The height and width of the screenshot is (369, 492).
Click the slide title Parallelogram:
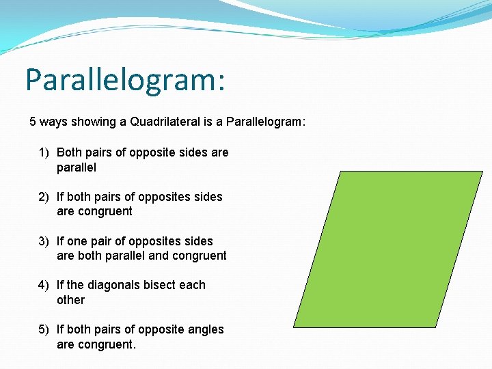click(125, 80)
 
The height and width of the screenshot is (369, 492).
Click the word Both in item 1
click(69, 152)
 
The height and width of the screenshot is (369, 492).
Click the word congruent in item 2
click(105, 212)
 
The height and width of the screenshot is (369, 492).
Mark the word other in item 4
click(70, 300)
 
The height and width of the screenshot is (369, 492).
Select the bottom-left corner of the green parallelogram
click(294, 327)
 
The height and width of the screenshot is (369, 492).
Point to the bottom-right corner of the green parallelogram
click(435, 327)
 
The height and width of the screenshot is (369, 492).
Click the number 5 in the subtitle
click(33, 122)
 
